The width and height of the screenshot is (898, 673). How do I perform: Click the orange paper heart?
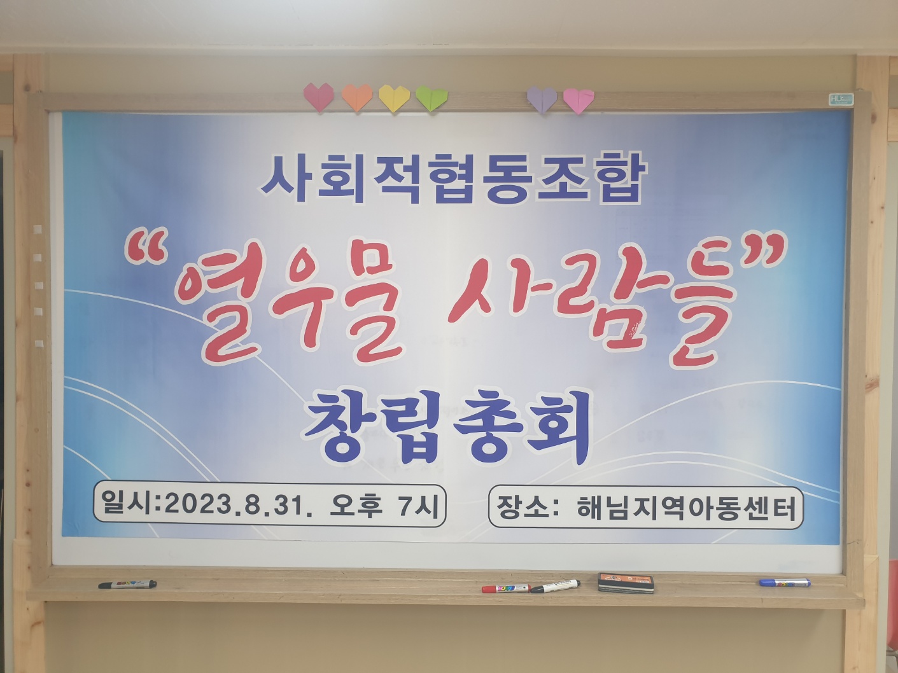coord(357,97)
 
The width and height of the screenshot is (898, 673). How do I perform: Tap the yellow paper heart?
coord(394,98)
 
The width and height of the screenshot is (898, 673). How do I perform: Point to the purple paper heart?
coord(542,99)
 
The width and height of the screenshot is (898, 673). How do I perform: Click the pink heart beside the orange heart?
coord(319,97)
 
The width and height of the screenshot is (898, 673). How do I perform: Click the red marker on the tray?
coord(506,589)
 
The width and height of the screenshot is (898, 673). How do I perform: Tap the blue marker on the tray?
coord(785,583)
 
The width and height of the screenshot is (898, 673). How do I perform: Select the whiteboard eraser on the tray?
coord(626,583)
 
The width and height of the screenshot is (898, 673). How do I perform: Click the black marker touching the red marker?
coord(555,586)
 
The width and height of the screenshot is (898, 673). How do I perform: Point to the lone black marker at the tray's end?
coord(127,585)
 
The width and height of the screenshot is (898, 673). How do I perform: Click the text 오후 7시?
coord(383,506)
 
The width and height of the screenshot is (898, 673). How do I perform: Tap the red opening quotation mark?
coord(146,246)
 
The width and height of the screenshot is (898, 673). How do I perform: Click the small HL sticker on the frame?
coord(841,99)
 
